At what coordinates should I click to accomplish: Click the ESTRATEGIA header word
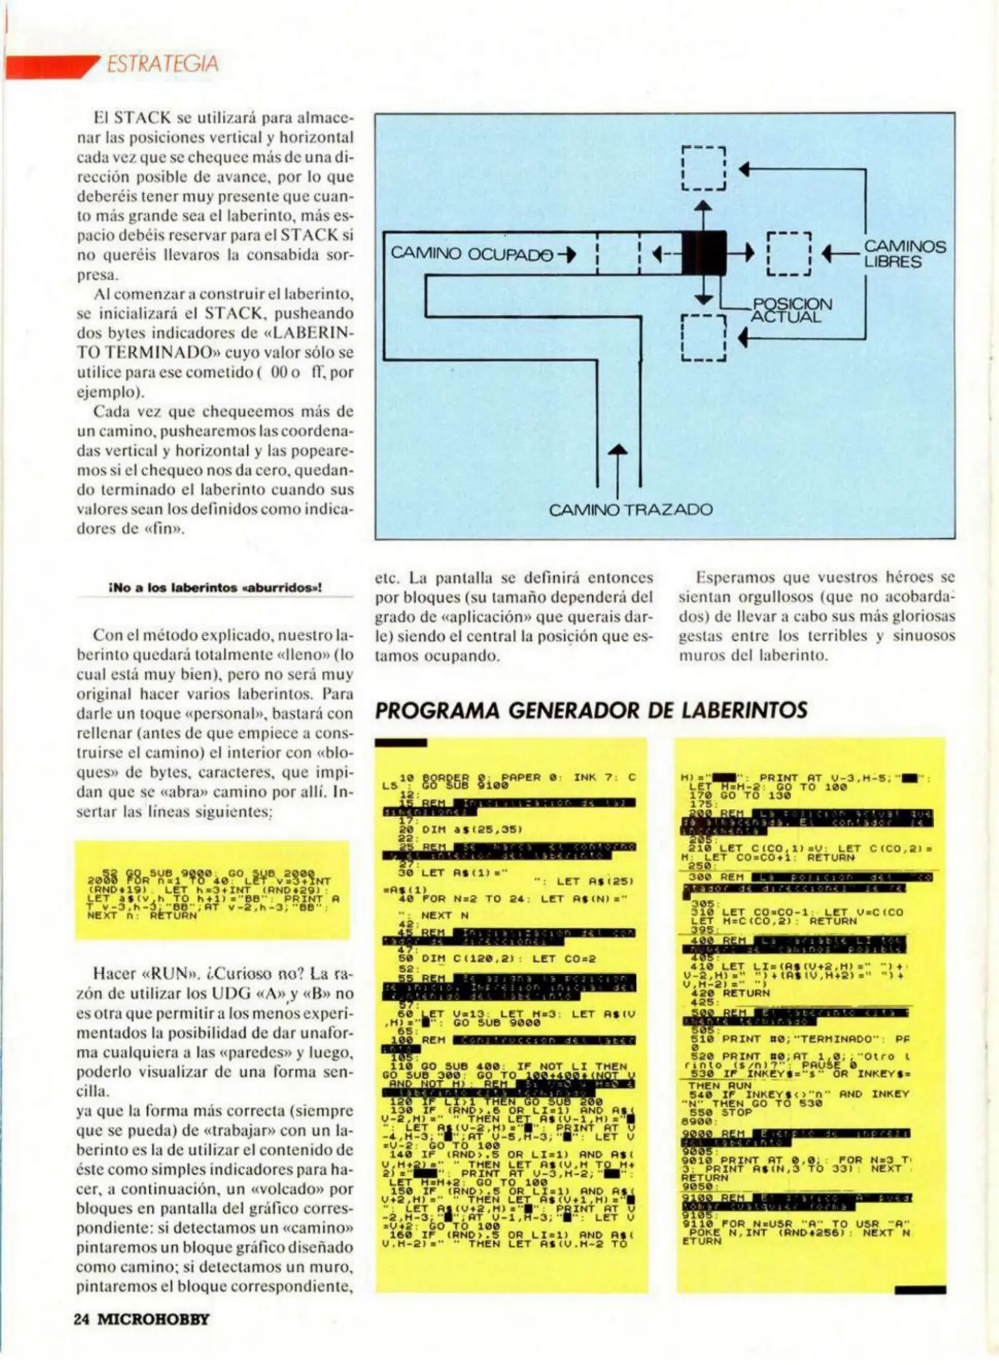point(162,64)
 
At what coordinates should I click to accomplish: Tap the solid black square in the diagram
point(703,253)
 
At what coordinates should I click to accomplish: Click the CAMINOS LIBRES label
point(904,254)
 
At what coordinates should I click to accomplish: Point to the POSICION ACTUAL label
point(791,310)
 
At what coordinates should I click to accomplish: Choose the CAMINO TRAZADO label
point(630,509)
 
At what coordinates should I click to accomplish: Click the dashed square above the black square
point(703,168)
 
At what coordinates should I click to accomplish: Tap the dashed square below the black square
point(703,337)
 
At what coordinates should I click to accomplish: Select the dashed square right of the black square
point(788,253)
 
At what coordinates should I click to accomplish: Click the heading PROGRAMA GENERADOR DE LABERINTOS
point(591,710)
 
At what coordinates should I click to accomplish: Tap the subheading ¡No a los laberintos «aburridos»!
point(215,587)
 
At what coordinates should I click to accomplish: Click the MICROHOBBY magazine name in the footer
point(153,1319)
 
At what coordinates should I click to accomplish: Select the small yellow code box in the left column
point(212,890)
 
